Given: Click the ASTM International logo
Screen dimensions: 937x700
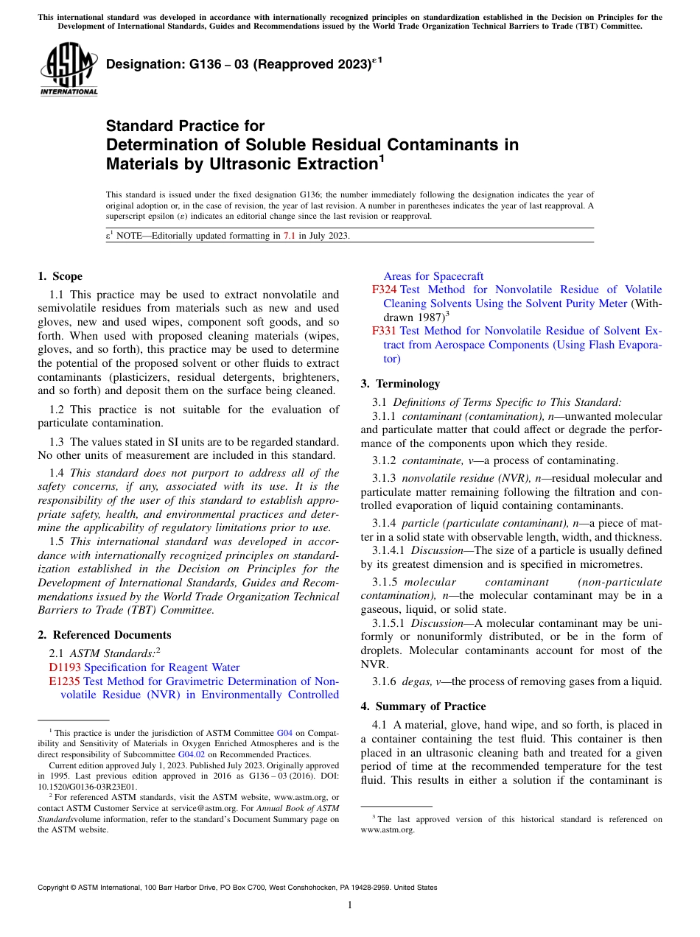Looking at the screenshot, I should (69, 69).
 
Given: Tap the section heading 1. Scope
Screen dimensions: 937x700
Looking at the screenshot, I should (60, 277).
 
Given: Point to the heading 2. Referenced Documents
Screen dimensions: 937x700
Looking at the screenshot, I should (105, 635).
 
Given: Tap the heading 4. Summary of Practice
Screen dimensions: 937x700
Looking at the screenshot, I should (423, 706).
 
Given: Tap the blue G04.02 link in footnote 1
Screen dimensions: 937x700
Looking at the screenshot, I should (189, 754).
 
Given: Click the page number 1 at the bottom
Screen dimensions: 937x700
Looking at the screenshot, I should (350, 905).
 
